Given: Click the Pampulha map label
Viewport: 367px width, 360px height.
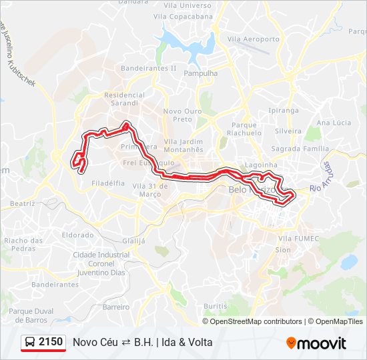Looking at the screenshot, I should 200,74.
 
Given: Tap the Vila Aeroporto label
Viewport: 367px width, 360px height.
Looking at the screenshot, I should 254,39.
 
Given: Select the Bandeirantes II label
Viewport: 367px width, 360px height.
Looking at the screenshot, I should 148,68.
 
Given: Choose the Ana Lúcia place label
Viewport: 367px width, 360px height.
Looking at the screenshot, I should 334,123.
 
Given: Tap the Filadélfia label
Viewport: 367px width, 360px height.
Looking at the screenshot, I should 108,182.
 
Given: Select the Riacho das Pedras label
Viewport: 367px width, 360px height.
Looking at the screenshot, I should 23,244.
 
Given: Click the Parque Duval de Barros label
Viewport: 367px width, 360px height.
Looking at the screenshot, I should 31,315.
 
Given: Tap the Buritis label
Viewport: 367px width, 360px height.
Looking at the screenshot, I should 216,305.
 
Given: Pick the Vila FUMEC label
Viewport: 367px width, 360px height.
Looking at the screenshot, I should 294,238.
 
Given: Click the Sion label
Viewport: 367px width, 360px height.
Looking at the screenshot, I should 283,250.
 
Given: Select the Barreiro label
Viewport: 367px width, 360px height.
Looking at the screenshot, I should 116,307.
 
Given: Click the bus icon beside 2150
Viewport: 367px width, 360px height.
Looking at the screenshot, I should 30,343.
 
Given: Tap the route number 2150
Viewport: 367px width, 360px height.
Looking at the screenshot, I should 51,343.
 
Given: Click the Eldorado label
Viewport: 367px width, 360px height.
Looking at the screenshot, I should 77,235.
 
